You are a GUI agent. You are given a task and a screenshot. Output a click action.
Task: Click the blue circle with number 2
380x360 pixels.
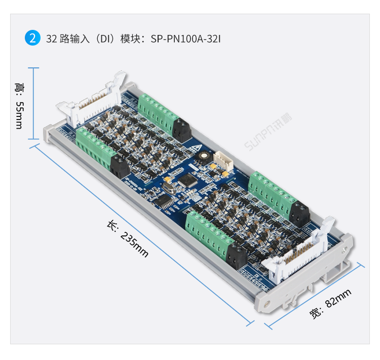click(32, 38)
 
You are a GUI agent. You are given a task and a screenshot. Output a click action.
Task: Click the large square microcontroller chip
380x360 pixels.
click(190, 180)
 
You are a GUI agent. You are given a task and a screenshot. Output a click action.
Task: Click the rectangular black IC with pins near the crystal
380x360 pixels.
click(163, 202)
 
